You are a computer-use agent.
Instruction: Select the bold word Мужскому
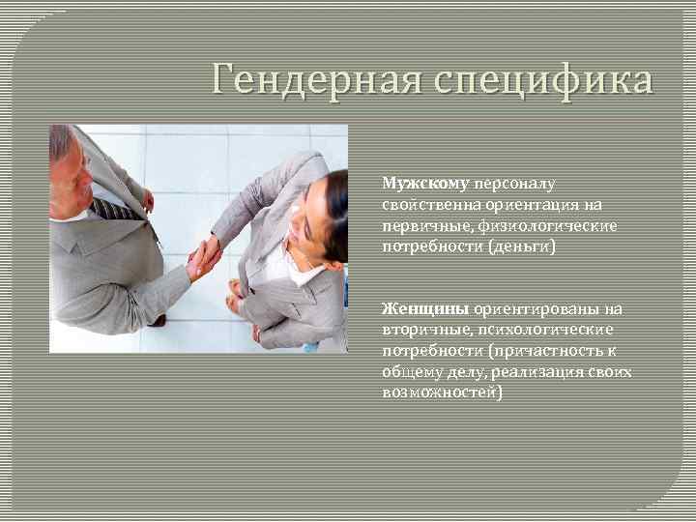[424, 183]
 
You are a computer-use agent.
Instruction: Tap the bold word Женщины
[424, 308]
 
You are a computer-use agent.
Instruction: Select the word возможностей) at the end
[442, 392]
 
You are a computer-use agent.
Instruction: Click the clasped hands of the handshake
[204, 257]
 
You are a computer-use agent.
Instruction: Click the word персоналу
[515, 183]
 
